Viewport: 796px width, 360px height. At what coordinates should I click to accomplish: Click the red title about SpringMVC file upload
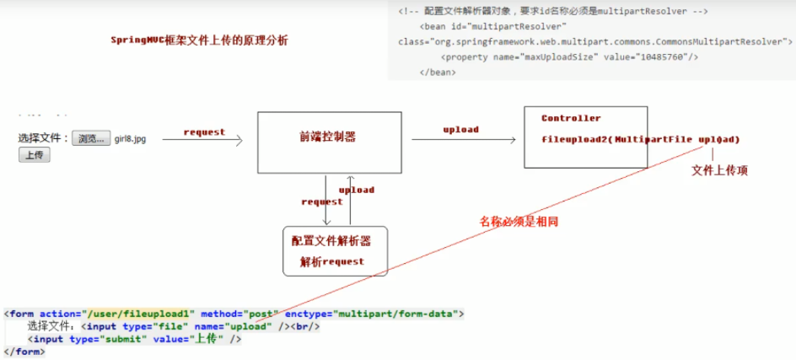pyautogui.click(x=199, y=40)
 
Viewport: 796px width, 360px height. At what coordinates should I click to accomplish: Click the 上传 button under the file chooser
pyautogui.click(x=35, y=154)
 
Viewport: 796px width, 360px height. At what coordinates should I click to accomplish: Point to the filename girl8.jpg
pyautogui.click(x=130, y=138)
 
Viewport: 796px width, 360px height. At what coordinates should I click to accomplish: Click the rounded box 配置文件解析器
pyautogui.click(x=335, y=250)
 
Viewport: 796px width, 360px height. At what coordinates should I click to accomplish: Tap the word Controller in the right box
pyautogui.click(x=571, y=118)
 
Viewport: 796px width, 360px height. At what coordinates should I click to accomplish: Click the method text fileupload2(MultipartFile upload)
pyautogui.click(x=640, y=138)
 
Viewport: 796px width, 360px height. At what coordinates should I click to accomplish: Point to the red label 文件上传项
pyautogui.click(x=719, y=170)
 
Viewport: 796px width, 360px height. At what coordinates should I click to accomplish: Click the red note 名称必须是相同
pyautogui.click(x=519, y=221)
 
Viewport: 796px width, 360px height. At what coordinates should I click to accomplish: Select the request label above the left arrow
pyautogui.click(x=204, y=132)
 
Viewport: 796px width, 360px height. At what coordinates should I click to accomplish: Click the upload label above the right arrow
pyautogui.click(x=460, y=129)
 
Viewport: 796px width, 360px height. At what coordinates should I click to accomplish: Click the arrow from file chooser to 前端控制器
pyautogui.click(x=202, y=141)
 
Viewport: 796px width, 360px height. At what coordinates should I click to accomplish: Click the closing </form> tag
pyautogui.click(x=24, y=352)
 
